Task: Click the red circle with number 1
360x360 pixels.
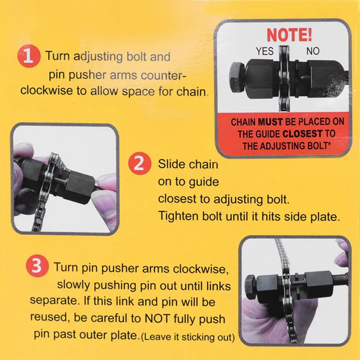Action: tap(29, 56)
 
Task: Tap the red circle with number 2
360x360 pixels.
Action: tap(140, 163)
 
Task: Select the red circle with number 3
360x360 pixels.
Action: tap(37, 266)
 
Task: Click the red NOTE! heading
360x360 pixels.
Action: tap(289, 35)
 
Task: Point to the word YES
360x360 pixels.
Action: tap(265, 51)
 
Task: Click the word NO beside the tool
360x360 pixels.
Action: tap(313, 51)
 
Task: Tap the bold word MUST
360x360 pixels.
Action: tap(270, 122)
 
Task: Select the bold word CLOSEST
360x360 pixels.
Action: tap(302, 134)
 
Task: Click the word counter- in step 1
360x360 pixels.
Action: tap(164, 75)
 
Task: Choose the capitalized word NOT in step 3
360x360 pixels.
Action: tap(157, 318)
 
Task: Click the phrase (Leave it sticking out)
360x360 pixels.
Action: tap(188, 337)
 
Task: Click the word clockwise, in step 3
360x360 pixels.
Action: tap(201, 269)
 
